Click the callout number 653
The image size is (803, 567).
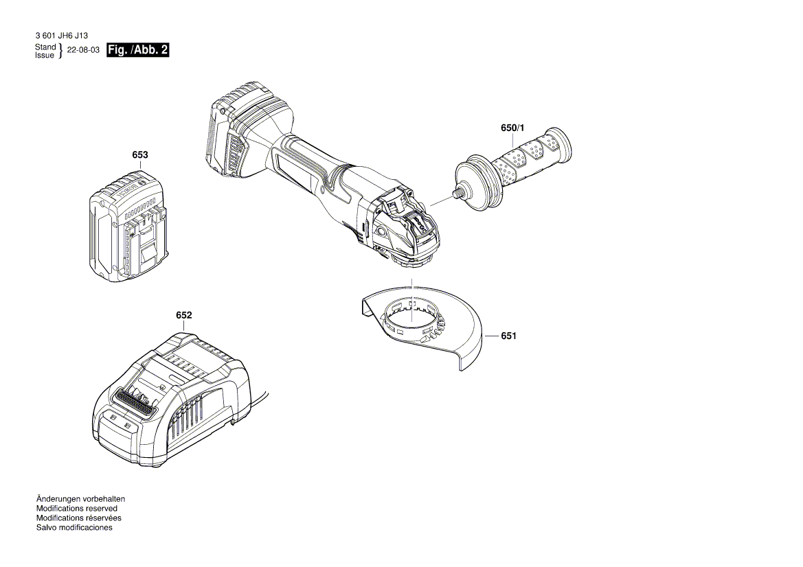[139, 156]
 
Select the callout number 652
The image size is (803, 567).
[183, 315]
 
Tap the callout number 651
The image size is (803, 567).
[508, 336]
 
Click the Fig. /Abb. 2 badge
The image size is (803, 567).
[138, 50]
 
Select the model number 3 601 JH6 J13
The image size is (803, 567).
[61, 35]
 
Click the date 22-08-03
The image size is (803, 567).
[83, 51]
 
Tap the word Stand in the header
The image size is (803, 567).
[45, 47]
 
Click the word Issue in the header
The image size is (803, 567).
[45, 55]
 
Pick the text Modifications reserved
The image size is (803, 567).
[76, 509]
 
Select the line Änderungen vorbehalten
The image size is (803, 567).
[80, 499]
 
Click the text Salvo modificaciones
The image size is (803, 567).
[73, 528]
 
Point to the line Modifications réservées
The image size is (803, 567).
[78, 518]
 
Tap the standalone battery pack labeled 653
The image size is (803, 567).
[127, 230]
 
